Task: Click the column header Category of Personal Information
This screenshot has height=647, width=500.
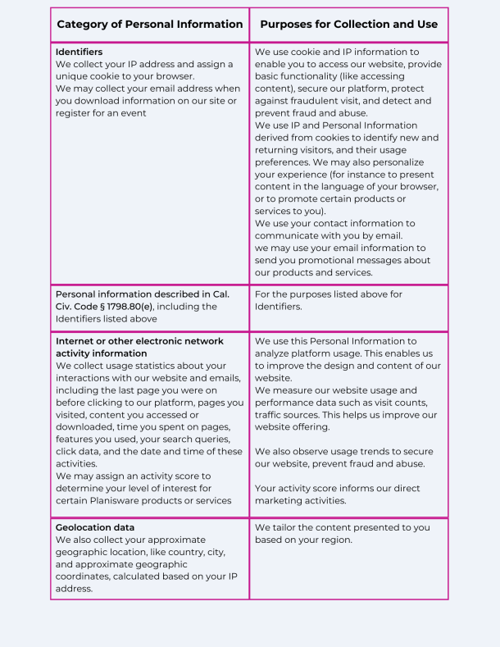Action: point(149,25)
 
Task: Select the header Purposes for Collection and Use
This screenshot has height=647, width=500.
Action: point(348,25)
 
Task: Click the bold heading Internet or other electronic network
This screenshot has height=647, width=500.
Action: point(148,341)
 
